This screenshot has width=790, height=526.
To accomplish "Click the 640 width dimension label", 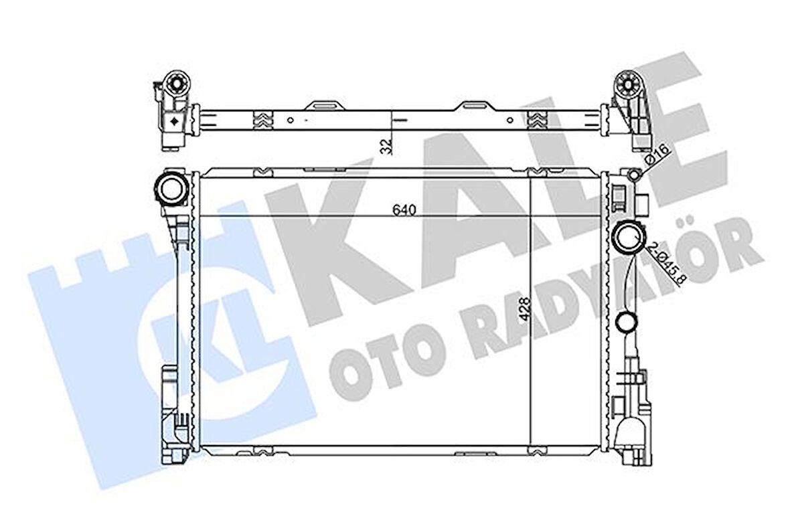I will [405, 209].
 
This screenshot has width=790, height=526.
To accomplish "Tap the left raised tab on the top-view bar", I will [324, 106].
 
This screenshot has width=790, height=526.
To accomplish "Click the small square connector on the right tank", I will [643, 203].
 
